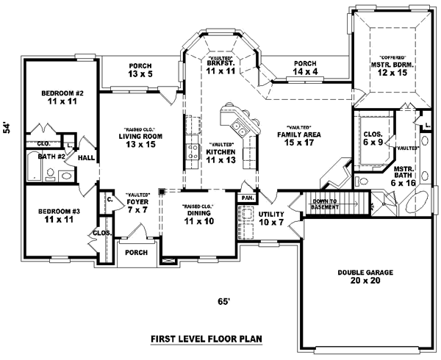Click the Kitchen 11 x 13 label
click(220, 155)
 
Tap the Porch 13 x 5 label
click(140, 69)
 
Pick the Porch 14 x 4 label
click(304, 68)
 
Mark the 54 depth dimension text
click(8, 126)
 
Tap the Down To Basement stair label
click(325, 204)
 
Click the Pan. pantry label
click(245, 198)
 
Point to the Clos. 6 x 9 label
click(372, 138)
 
